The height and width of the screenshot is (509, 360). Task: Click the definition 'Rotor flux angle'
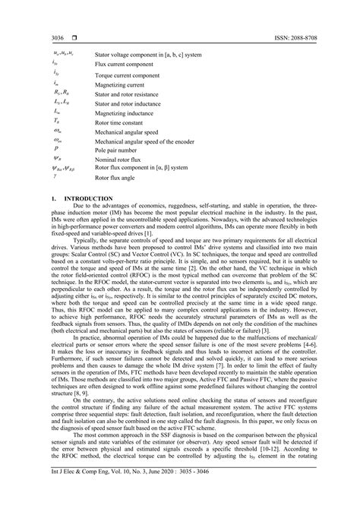click(118, 177)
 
